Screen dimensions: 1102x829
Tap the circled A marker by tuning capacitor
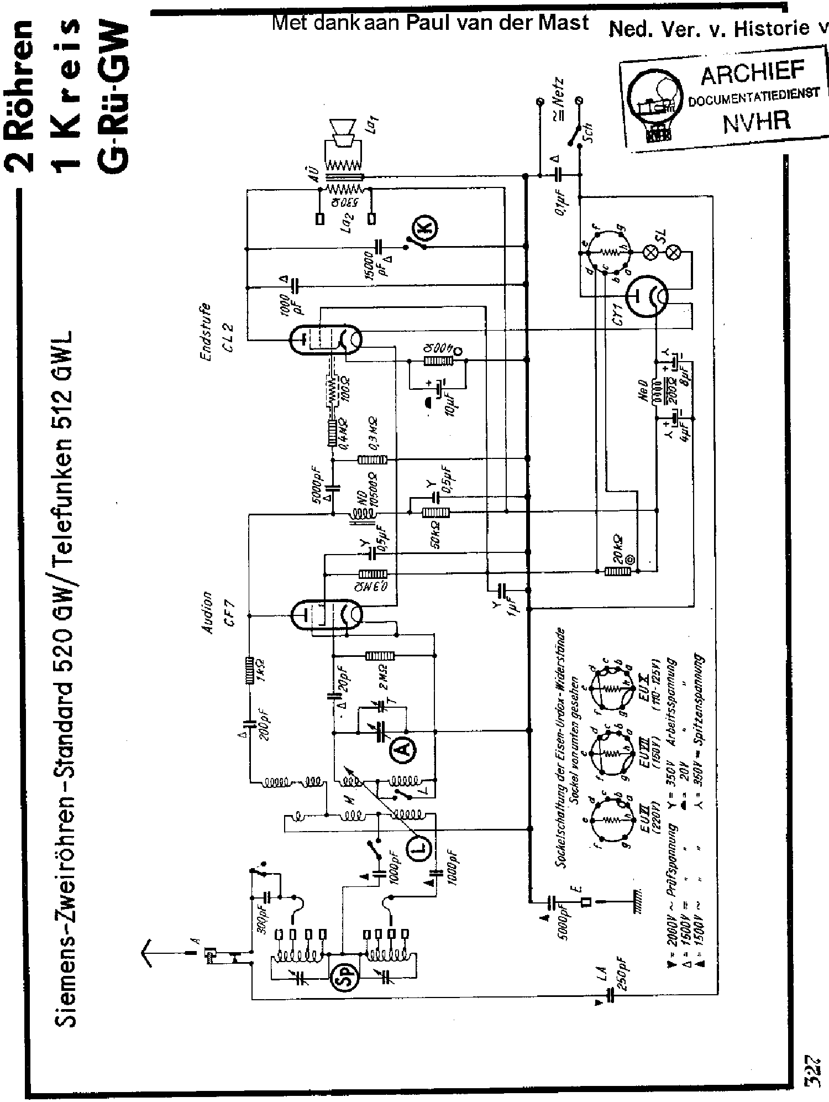pyautogui.click(x=403, y=749)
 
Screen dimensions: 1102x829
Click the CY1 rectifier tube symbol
pyautogui.click(x=645, y=296)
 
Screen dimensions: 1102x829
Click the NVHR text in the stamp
pyautogui.click(x=757, y=121)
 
